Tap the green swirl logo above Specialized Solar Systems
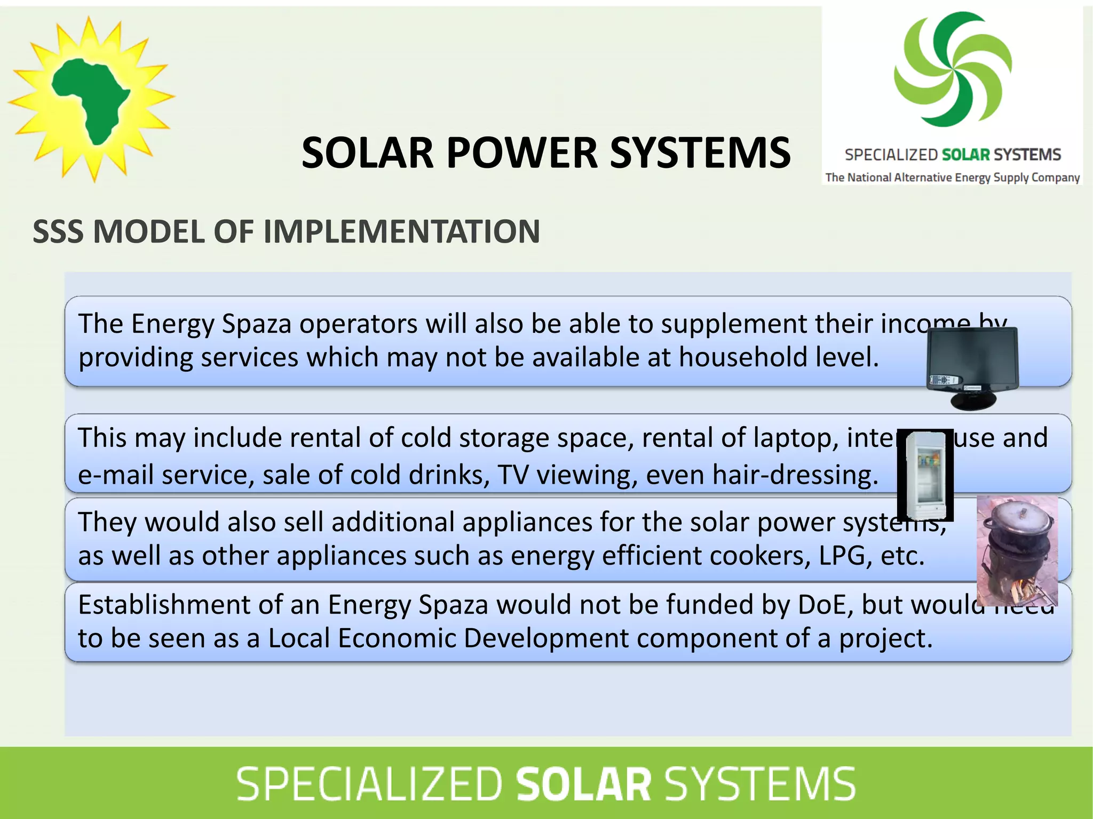[953, 69]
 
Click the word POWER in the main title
[521, 153]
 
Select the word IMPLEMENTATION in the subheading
[401, 231]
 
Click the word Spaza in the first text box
[256, 324]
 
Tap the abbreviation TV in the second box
[513, 474]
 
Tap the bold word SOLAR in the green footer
[583, 784]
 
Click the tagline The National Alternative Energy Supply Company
[953, 178]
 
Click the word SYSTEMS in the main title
[700, 153]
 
